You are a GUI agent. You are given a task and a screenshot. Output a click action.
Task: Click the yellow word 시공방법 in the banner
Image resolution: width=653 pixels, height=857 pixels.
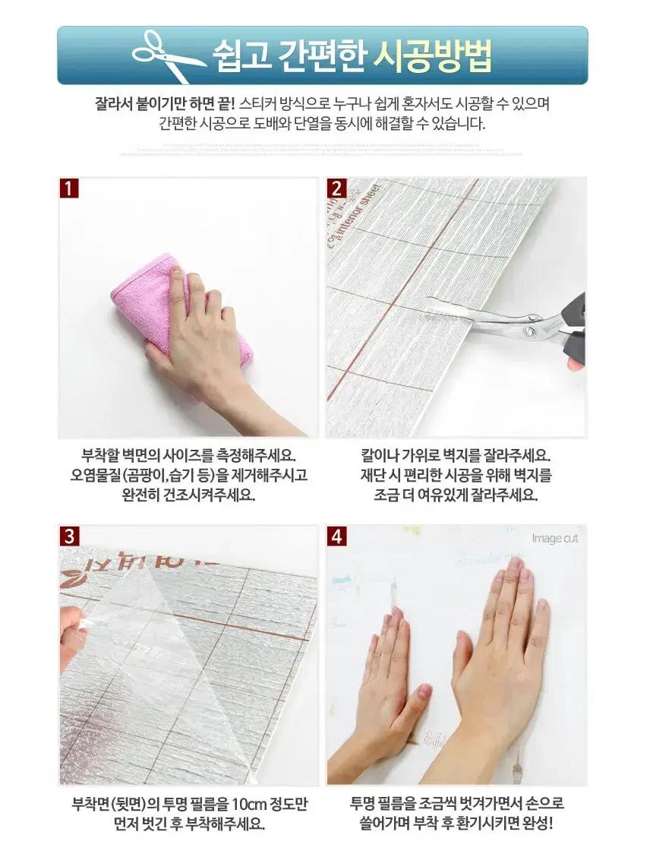click(x=434, y=54)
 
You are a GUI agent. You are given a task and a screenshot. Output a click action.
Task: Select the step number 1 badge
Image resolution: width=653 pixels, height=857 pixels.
click(x=69, y=188)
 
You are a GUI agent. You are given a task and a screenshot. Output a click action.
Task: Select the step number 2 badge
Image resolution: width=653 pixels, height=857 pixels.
click(x=337, y=188)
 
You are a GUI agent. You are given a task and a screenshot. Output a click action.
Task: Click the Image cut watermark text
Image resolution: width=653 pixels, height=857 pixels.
click(x=554, y=539)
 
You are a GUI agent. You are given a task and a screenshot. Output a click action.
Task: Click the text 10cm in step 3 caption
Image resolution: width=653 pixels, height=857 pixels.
click(x=250, y=804)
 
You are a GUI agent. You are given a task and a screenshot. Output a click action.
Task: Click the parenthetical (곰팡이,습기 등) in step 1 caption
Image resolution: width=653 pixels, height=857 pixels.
click(x=166, y=476)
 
